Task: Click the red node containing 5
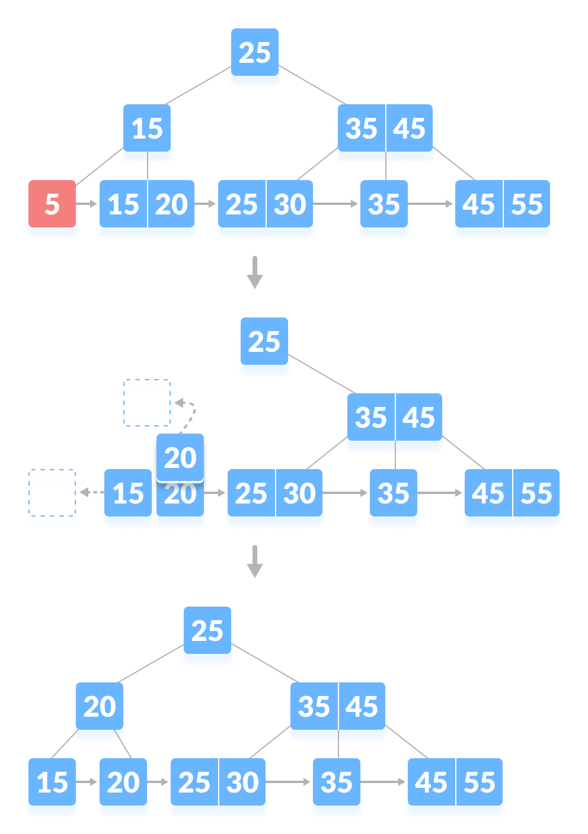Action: coord(52,204)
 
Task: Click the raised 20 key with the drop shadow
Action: coord(180,458)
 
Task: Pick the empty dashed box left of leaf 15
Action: coord(52,499)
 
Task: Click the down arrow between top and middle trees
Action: coord(255,272)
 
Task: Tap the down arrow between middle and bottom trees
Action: coord(255,561)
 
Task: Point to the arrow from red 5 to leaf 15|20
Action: coord(87,204)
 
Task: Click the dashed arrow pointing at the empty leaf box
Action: coord(90,492)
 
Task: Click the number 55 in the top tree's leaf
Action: coord(527,204)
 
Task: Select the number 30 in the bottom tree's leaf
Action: coord(242,782)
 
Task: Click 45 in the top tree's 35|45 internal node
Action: coord(410,129)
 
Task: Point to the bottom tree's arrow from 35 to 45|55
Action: coord(384,782)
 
